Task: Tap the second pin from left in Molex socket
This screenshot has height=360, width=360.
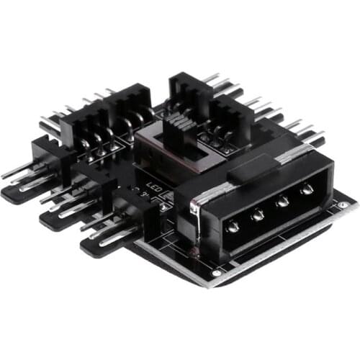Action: (x=258, y=214)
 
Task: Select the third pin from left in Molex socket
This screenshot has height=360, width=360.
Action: (x=282, y=202)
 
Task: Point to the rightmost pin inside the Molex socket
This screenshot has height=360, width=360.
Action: (x=307, y=189)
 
